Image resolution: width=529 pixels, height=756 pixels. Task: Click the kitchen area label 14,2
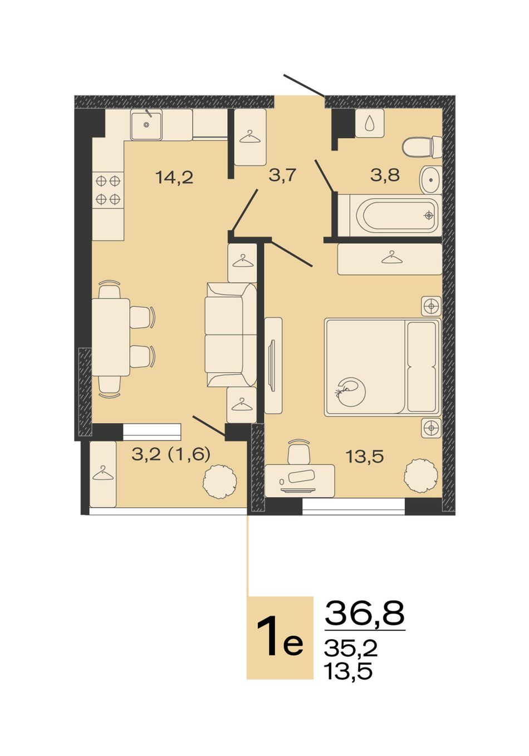click(174, 177)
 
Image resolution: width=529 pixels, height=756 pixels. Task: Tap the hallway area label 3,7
click(282, 175)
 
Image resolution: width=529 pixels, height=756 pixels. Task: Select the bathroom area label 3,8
click(385, 175)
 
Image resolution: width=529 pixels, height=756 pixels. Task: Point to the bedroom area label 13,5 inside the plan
click(365, 457)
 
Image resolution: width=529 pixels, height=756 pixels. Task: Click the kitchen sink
click(146, 125)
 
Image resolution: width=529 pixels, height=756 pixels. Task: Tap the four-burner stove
click(108, 190)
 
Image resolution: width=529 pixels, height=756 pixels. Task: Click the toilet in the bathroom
click(422, 147)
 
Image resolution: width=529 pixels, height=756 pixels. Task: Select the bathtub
click(390, 215)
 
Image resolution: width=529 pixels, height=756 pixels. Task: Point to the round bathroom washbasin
click(431, 180)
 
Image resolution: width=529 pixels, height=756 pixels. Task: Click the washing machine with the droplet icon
click(370, 123)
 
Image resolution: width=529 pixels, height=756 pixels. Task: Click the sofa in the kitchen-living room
click(231, 335)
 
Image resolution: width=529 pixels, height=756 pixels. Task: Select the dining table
click(111, 337)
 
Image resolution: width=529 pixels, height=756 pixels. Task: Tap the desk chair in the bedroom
click(299, 451)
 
